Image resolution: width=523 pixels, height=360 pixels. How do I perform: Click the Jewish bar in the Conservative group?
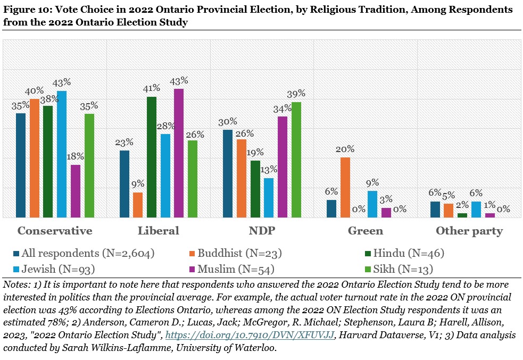[x=62, y=154]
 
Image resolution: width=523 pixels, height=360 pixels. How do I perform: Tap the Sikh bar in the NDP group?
[x=296, y=160]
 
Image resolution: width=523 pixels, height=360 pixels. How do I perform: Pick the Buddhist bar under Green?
[x=345, y=187]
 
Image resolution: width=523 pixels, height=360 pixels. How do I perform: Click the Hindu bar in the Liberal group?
[x=152, y=157]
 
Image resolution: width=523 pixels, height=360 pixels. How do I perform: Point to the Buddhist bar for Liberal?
[x=138, y=205]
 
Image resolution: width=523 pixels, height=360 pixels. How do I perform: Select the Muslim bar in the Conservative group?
[x=76, y=191]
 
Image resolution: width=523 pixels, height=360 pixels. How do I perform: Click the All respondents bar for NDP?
[x=228, y=173]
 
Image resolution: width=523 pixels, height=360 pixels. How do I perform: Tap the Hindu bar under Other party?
[x=462, y=215]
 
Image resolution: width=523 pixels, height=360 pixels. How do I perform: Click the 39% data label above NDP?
[x=296, y=94]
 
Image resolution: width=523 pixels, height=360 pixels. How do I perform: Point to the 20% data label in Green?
[x=345, y=149]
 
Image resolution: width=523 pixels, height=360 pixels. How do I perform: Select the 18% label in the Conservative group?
[x=76, y=157]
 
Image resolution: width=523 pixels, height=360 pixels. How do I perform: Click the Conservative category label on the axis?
[x=55, y=231]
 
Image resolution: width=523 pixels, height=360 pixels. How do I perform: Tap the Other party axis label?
[x=469, y=231]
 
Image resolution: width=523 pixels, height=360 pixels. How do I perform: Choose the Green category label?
[x=365, y=231]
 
